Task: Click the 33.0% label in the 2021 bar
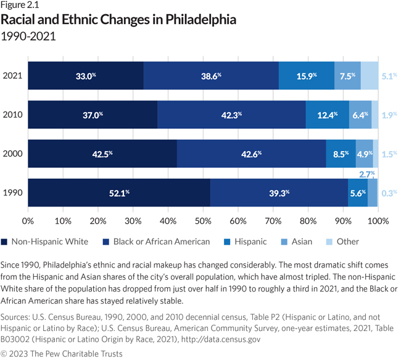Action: tap(86, 76)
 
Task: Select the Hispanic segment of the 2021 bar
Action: tap(307, 76)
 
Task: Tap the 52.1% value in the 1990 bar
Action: tap(119, 193)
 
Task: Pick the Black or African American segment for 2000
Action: tap(251, 154)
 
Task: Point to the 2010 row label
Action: tap(13, 115)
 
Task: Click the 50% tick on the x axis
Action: tap(202, 219)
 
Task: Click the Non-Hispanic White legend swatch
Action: tap(5, 242)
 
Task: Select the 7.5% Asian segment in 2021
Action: tap(347, 76)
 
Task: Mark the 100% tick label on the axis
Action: tap(377, 219)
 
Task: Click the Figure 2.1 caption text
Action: tap(22, 6)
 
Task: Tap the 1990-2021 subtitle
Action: tap(28, 36)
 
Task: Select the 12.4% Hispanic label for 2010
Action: tap(327, 115)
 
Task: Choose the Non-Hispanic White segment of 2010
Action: tap(93, 115)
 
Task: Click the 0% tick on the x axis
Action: tap(28, 219)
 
